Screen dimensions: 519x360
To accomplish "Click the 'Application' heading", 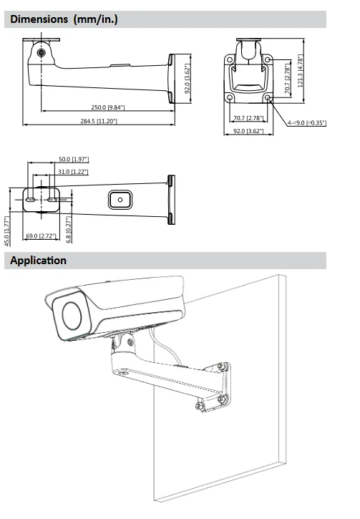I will point(38,261).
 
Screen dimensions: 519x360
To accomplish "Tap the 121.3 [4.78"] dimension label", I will point(301,71).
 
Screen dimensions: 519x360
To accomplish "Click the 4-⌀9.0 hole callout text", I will point(306,123).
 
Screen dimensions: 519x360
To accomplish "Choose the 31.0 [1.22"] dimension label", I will point(73,172).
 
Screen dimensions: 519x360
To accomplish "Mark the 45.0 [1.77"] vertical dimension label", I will point(7,230).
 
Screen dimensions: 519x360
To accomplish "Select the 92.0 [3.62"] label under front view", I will point(246,131).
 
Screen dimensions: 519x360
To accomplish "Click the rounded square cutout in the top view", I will point(120,200).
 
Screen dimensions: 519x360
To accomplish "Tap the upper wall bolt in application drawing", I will point(225,367).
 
